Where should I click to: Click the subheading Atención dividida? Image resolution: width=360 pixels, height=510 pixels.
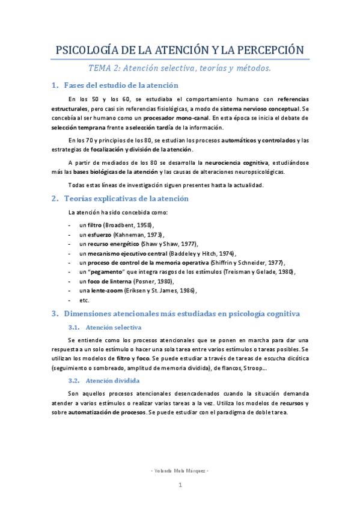point(113,381)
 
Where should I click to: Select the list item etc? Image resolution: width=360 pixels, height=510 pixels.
point(84,300)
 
